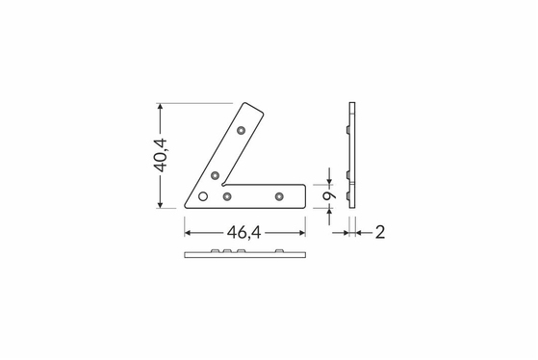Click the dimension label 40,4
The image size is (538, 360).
(x=160, y=155)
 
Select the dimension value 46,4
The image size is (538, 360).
(x=243, y=233)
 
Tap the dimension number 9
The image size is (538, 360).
(x=329, y=196)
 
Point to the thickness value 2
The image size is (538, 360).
(x=380, y=233)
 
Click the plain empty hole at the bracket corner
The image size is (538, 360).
(x=203, y=196)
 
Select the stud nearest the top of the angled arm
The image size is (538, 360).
(x=242, y=130)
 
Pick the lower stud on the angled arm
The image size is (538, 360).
(x=215, y=176)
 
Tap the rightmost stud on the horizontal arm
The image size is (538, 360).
(x=279, y=196)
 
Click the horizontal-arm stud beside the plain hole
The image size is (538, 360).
(x=227, y=196)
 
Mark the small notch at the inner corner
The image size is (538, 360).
(x=224, y=184)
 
